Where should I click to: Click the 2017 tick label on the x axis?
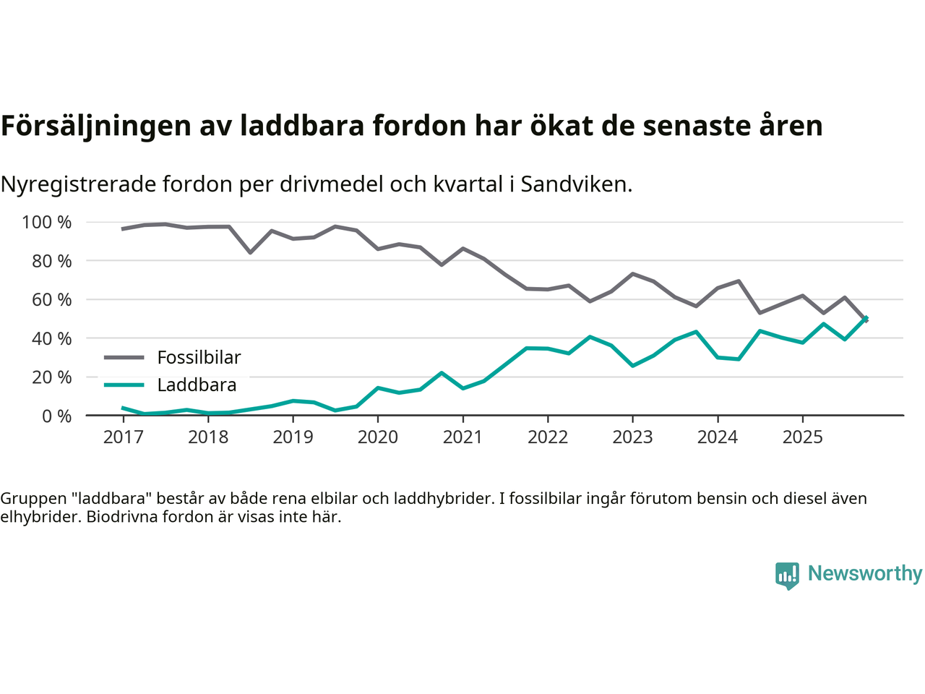pyautogui.click(x=123, y=437)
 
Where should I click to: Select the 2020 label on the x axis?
pyautogui.click(x=378, y=437)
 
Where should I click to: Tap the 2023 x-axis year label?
pyautogui.click(x=632, y=437)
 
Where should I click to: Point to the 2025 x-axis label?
pyautogui.click(x=802, y=437)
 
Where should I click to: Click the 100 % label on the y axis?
pyautogui.click(x=47, y=223)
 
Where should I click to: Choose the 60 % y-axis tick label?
pyautogui.click(x=51, y=300)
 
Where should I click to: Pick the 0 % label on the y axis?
pyautogui.click(x=56, y=416)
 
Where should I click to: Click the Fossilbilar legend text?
pyautogui.click(x=199, y=358)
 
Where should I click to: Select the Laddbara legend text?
pyautogui.click(x=197, y=385)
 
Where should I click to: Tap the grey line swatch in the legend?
pyautogui.click(x=124, y=357)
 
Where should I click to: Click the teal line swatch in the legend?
pyautogui.click(x=124, y=385)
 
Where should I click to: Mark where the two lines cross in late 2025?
pyautogui.click(x=864, y=319)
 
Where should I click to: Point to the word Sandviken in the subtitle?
pyautogui.click(x=576, y=184)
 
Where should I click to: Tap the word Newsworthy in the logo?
pyautogui.click(x=864, y=573)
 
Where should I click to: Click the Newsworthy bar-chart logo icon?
pyautogui.click(x=787, y=575)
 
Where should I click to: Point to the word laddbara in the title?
pyautogui.click(x=302, y=127)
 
